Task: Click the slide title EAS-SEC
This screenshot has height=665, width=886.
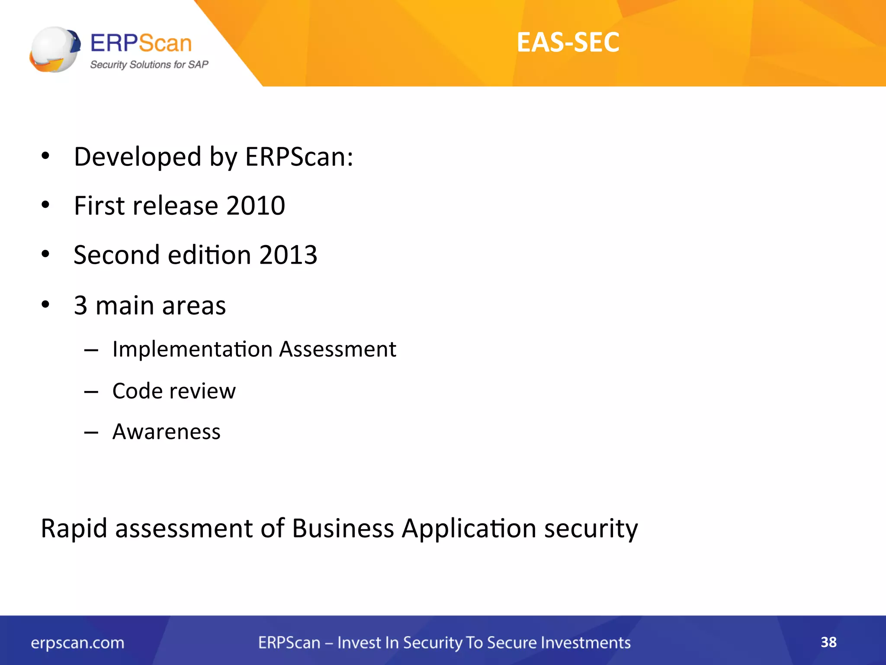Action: [568, 42]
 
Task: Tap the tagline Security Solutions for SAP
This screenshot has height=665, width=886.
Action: [149, 65]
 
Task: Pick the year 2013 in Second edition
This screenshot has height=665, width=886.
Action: [288, 255]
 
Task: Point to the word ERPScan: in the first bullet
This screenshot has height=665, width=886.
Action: [299, 157]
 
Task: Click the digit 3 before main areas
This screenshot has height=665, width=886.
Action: [80, 306]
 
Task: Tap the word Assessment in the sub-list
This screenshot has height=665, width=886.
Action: [337, 349]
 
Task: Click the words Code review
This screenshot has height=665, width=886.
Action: [174, 391]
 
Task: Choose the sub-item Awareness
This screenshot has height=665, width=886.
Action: [167, 432]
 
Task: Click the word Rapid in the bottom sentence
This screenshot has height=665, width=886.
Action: [74, 529]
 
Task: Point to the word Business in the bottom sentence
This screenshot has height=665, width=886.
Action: [343, 529]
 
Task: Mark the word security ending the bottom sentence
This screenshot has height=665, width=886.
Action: [591, 529]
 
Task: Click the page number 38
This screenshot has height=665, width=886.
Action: [828, 642]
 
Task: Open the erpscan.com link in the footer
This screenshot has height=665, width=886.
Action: [77, 643]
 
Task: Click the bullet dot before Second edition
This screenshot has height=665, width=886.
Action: [45, 254]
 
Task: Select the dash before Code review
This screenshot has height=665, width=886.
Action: [91, 392]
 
